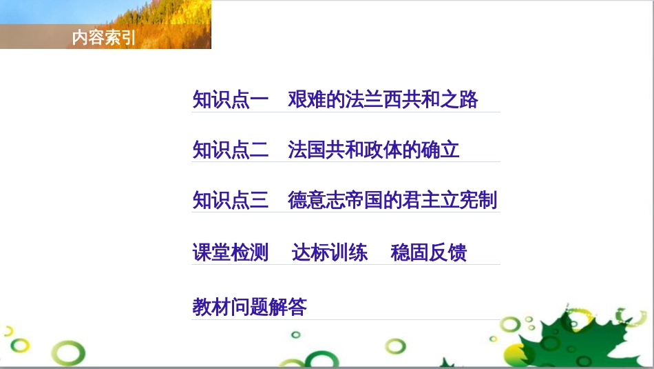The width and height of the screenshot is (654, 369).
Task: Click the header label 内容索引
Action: [x=104, y=38]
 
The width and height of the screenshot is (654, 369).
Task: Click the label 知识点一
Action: [x=230, y=100]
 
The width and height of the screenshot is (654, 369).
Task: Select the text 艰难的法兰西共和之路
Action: [x=383, y=100]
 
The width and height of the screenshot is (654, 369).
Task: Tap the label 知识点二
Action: [x=230, y=150]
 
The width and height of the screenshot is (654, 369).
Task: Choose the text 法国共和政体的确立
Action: [x=373, y=150]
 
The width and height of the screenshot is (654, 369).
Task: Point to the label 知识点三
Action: [x=230, y=201]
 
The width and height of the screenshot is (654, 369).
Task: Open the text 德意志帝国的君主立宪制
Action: [x=392, y=201]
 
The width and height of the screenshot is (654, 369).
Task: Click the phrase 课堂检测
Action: [x=230, y=252]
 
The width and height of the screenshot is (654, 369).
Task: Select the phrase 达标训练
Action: [x=330, y=252]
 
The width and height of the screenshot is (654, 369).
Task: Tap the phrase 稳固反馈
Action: [x=428, y=252]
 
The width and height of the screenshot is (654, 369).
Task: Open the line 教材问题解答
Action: [x=249, y=307]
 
